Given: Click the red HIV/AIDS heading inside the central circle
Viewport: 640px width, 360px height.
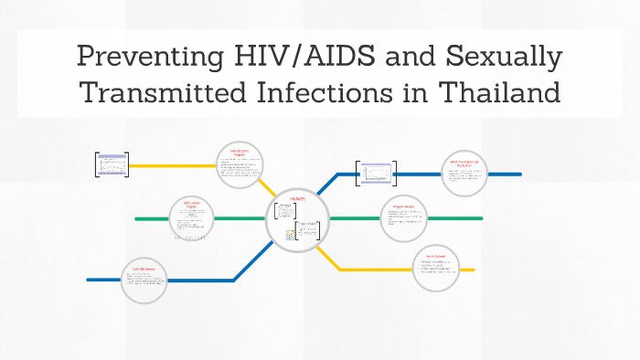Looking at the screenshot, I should (299, 198).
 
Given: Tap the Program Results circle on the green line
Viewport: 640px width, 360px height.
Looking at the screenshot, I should (403, 218).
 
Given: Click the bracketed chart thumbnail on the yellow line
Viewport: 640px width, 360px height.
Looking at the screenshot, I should (112, 164).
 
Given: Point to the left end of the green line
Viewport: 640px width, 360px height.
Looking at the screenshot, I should (137, 219).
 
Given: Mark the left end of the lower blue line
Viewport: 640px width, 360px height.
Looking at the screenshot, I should (89, 280).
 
